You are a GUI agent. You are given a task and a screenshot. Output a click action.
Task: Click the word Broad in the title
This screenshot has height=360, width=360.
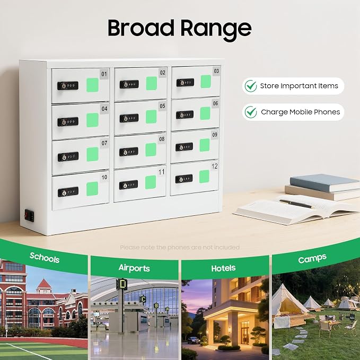(x=141, y=28)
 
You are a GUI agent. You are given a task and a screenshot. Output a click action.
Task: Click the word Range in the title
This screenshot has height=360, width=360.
(x=216, y=30)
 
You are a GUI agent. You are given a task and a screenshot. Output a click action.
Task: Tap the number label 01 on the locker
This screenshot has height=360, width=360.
(x=104, y=74)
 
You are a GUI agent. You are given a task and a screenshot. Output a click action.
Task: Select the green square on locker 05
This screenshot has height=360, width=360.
(x=151, y=117)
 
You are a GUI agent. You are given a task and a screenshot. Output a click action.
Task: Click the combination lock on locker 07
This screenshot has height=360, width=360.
(x=68, y=157)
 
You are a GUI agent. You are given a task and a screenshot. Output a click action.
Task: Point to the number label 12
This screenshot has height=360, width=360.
(x=214, y=166)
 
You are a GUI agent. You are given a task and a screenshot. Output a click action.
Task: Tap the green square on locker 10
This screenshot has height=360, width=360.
(x=92, y=189)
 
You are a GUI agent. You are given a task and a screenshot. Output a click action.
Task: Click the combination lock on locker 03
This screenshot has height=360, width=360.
(x=185, y=82)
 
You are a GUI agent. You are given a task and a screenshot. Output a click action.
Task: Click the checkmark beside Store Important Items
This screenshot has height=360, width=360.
(x=251, y=86)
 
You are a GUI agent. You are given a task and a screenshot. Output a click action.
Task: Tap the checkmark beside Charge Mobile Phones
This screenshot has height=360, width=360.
(x=251, y=112)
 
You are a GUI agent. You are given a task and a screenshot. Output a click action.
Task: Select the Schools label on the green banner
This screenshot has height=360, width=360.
(x=45, y=258)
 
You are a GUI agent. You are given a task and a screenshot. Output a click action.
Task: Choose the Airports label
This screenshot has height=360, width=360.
(x=134, y=268)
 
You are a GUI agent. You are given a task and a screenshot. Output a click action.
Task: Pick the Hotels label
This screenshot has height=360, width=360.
(x=223, y=268)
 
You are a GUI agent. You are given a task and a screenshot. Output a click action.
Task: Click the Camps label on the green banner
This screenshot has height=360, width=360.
(x=312, y=259)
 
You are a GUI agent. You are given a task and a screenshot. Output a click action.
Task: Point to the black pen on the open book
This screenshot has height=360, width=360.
(x=296, y=204)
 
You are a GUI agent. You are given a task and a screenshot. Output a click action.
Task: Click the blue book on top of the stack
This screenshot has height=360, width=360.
(x=324, y=183)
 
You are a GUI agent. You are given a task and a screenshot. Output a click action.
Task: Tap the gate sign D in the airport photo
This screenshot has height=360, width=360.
(x=122, y=284)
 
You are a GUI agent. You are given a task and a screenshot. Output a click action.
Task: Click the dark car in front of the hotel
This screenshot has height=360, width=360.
(x=193, y=340)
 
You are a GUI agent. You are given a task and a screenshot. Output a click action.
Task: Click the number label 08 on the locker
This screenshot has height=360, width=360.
(x=162, y=139)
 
